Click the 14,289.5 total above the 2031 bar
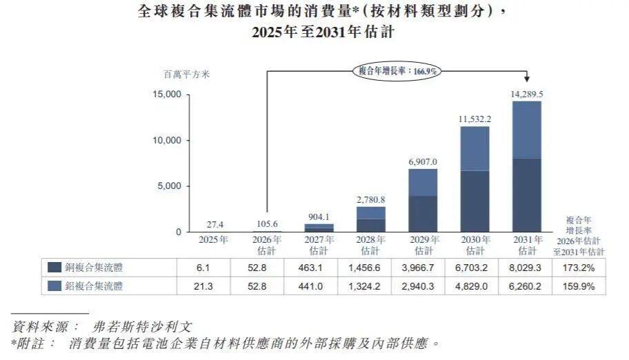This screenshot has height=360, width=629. click(x=527, y=94)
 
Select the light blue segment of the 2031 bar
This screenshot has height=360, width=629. click(x=527, y=130)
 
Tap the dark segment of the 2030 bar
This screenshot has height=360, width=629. click(x=475, y=201)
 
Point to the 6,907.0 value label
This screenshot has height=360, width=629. click(x=423, y=162)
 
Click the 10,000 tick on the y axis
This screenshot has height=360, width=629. click(x=167, y=141)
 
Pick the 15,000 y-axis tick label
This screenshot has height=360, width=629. click(x=167, y=94)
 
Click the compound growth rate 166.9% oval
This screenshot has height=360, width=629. click(x=397, y=71)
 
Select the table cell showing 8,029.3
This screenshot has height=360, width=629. click(x=525, y=268)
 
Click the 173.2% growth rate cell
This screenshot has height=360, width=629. click(x=579, y=268)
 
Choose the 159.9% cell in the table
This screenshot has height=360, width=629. click(x=579, y=286)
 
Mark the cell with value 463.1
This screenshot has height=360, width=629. click(x=310, y=268)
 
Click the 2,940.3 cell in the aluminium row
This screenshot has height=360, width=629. click(x=418, y=286)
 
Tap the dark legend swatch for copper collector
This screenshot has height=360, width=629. click(x=54, y=268)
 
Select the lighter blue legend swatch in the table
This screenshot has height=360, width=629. click(x=54, y=286)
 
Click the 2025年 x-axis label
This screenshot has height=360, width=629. click(x=213, y=240)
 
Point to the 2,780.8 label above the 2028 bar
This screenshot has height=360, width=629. click(x=371, y=199)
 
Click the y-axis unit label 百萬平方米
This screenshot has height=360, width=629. click(x=186, y=74)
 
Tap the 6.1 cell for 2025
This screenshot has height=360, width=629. click(x=203, y=268)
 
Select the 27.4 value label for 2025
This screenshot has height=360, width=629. click(x=215, y=225)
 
